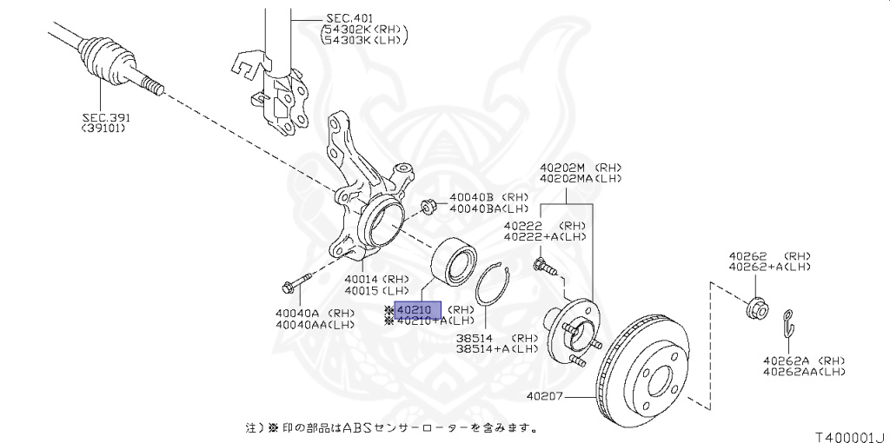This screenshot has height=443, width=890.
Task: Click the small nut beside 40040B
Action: (x=428, y=207)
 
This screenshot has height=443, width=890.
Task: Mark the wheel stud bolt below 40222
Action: (x=542, y=264)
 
